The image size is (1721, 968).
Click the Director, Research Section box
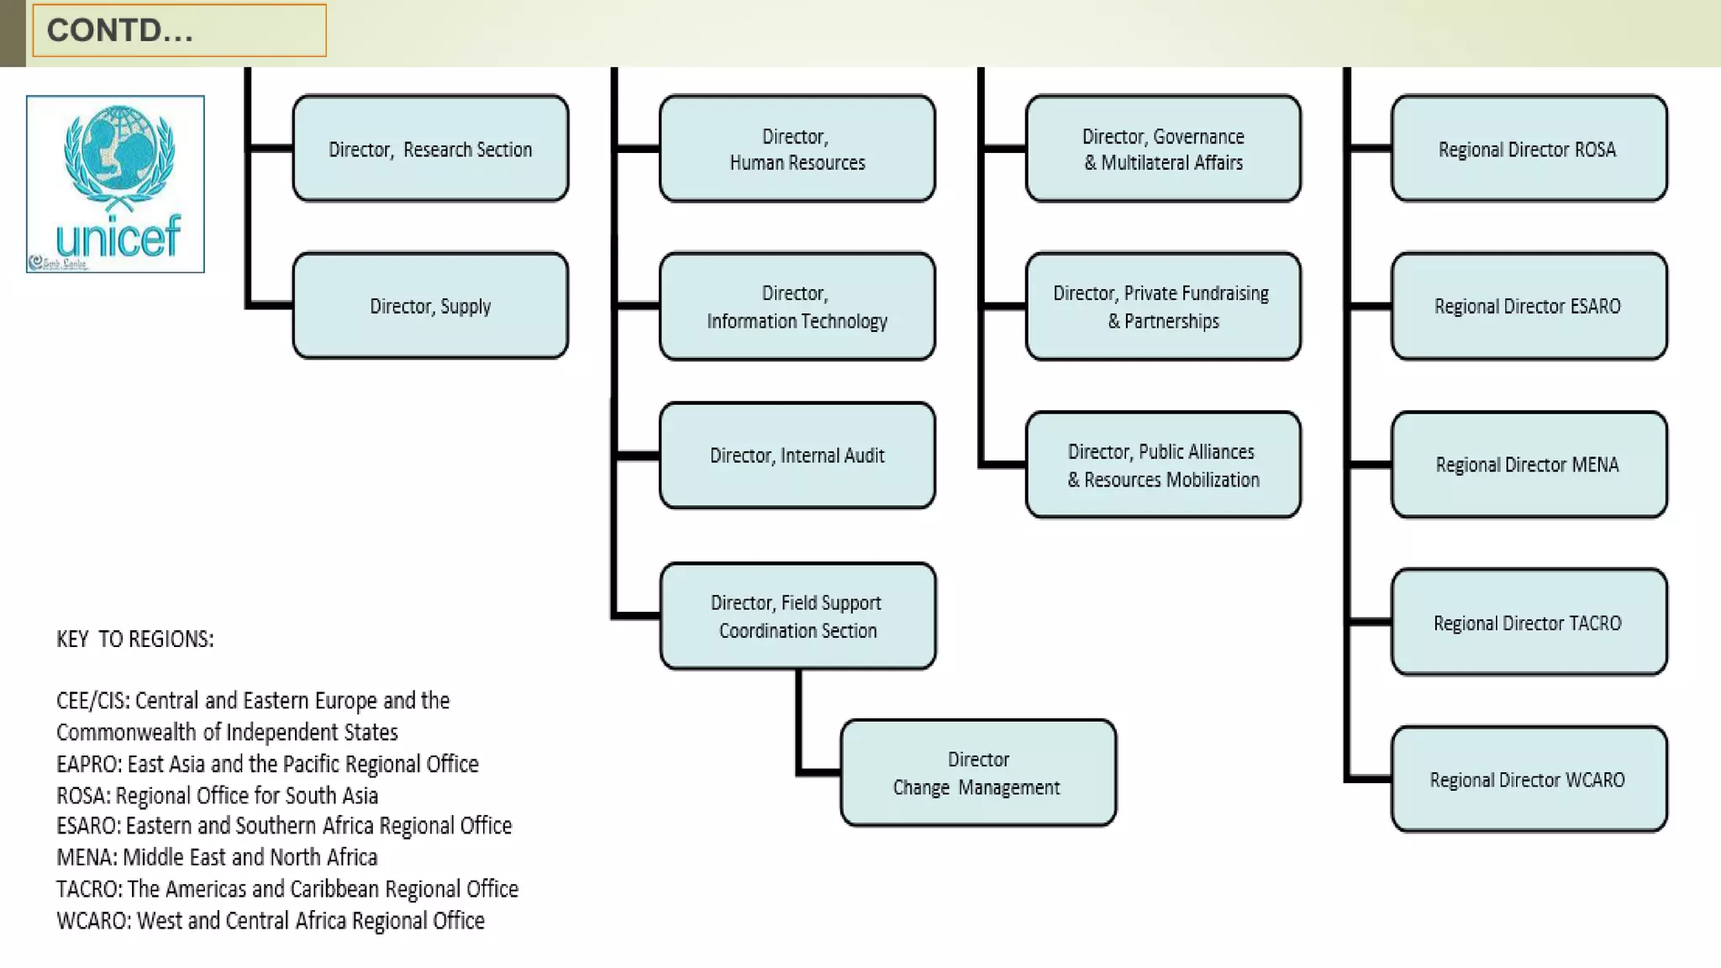(430, 149)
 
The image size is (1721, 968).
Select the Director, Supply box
(430, 306)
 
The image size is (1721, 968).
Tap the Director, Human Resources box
(797, 149)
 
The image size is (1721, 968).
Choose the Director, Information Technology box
(797, 307)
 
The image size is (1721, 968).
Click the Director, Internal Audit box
(797, 455)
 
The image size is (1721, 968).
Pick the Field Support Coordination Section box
(797, 616)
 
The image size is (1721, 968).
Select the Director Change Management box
(978, 773)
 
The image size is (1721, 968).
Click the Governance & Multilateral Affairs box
(1163, 149)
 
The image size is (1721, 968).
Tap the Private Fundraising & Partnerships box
(1163, 307)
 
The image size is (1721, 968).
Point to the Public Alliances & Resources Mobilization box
(1163, 465)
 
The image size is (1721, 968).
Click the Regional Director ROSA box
(1529, 149)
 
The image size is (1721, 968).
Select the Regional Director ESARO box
(1529, 306)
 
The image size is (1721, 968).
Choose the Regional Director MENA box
(1529, 465)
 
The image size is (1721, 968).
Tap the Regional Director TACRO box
(1529, 623)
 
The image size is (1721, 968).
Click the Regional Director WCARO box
(1529, 780)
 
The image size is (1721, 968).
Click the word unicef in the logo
(118, 237)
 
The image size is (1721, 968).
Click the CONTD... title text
(120, 30)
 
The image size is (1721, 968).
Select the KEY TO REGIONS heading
(135, 639)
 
